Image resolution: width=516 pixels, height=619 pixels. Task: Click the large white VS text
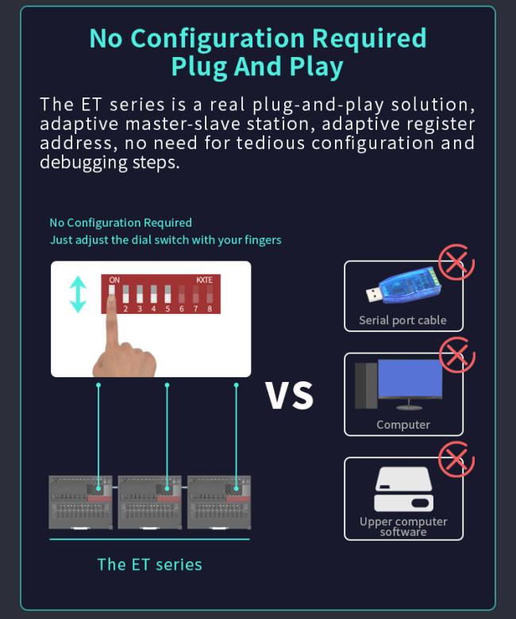point(290,395)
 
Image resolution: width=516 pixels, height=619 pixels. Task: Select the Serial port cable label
point(402,320)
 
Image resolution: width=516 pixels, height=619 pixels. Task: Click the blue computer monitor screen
point(410,380)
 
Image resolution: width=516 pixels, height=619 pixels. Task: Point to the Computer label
point(403,425)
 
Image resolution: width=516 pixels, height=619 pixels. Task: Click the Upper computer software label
point(403,526)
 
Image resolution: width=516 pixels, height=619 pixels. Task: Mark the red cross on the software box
point(456,459)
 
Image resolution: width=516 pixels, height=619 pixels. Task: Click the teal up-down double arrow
point(78,294)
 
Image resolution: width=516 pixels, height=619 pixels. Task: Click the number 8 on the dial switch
point(210,309)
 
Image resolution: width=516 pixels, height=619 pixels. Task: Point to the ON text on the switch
point(114,280)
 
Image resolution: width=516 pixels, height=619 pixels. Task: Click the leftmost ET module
point(80,502)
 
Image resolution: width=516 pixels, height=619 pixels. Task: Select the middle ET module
point(150,502)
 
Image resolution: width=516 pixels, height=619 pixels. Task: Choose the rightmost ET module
point(219,502)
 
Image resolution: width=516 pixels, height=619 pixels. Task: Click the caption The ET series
point(149,564)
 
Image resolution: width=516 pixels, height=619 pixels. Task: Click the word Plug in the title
point(202,67)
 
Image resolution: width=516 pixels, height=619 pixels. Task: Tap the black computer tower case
point(365,387)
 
